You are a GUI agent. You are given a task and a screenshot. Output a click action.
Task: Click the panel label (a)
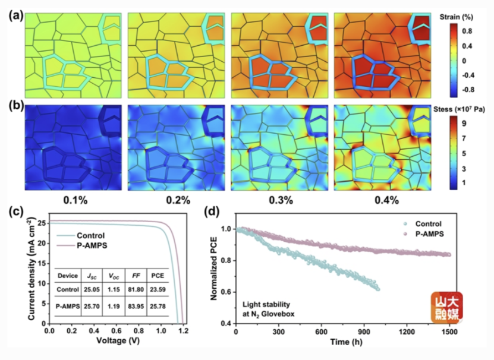(x=15, y=15)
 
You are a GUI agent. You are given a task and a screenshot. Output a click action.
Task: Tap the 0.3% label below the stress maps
(x=281, y=200)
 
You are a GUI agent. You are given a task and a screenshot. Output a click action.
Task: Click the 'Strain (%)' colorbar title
(x=456, y=17)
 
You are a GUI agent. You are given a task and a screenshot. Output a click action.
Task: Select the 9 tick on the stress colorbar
(x=464, y=123)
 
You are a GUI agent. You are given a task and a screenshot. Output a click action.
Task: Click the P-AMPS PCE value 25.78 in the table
(x=158, y=306)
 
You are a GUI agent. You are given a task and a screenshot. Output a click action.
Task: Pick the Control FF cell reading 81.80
(x=136, y=289)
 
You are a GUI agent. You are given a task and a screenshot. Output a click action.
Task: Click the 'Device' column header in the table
(x=68, y=276)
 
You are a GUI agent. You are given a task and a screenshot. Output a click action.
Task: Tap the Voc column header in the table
(x=114, y=276)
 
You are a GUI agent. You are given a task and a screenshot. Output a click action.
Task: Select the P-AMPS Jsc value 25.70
(x=92, y=306)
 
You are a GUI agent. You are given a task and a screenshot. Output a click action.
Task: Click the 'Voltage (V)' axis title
(x=118, y=340)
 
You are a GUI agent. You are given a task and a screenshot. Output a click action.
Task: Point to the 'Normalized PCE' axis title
(x=214, y=269)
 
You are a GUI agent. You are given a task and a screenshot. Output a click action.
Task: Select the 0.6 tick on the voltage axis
(x=116, y=331)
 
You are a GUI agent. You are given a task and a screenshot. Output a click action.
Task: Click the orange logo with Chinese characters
(x=447, y=308)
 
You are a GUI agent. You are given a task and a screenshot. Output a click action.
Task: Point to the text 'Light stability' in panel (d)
(x=266, y=305)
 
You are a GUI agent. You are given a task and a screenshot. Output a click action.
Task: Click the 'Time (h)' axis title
(x=346, y=342)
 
